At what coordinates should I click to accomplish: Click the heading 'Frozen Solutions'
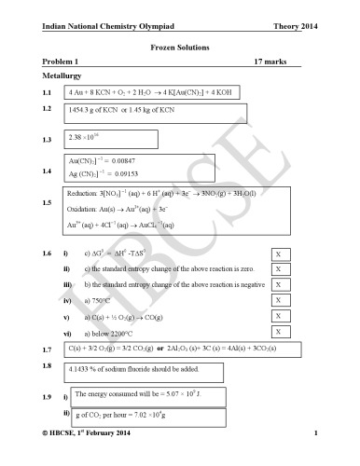(179, 45)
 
